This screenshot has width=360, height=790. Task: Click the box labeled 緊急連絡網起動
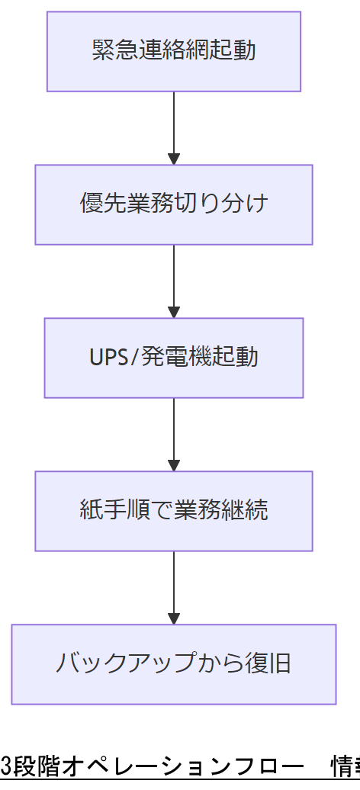click(174, 51)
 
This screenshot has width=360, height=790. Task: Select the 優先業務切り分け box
click(174, 204)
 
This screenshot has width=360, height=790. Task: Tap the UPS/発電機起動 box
click(174, 358)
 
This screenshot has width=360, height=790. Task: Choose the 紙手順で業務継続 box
click(174, 511)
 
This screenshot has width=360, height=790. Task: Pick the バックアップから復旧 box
click(174, 664)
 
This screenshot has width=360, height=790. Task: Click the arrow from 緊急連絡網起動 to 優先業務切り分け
click(174, 126)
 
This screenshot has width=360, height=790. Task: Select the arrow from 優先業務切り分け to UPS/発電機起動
click(174, 279)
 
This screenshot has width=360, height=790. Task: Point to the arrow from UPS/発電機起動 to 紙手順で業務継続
click(174, 432)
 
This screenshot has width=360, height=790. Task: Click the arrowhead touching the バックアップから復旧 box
click(174, 618)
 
